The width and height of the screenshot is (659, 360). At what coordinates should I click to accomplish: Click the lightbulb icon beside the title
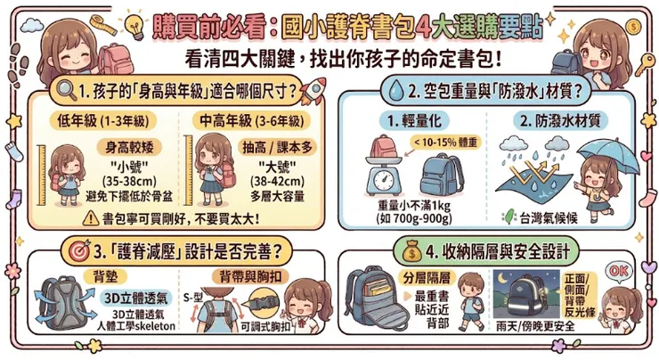tap(135, 25)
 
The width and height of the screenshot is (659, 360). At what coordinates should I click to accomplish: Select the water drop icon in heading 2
tap(395, 91)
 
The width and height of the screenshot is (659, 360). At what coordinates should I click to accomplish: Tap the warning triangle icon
tap(91, 217)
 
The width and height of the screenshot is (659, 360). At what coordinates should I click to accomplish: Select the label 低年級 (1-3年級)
tap(103, 121)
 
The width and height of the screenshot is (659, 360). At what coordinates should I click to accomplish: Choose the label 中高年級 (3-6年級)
tap(251, 121)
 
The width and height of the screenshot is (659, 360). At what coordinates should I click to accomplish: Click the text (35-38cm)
tap(129, 182)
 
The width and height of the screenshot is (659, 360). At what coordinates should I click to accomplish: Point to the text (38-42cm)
tap(277, 182)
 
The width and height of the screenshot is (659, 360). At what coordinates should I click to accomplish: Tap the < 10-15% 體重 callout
tap(445, 143)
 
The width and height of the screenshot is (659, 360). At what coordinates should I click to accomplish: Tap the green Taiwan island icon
tap(509, 217)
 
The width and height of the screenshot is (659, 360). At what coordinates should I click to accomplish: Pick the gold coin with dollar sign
tap(632, 28)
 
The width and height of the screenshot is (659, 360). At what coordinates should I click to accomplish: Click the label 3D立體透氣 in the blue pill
tap(135, 298)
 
